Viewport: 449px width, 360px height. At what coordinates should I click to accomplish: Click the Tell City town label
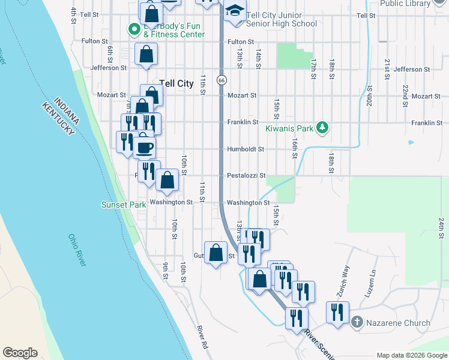[x=176, y=83]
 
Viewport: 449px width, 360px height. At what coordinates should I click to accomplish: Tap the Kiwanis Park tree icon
[x=323, y=127]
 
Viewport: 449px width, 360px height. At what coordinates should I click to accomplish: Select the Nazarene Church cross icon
[x=357, y=323]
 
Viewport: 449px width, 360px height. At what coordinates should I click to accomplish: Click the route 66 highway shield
[x=222, y=80]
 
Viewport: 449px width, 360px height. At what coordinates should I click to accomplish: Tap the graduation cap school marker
[x=236, y=10]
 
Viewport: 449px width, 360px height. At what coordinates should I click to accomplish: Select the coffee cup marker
[x=145, y=146]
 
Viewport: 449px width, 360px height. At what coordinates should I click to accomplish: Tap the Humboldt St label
[x=245, y=149]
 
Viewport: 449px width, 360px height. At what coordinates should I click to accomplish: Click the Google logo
[x=20, y=353]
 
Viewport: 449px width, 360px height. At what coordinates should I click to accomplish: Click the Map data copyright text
[x=411, y=355]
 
